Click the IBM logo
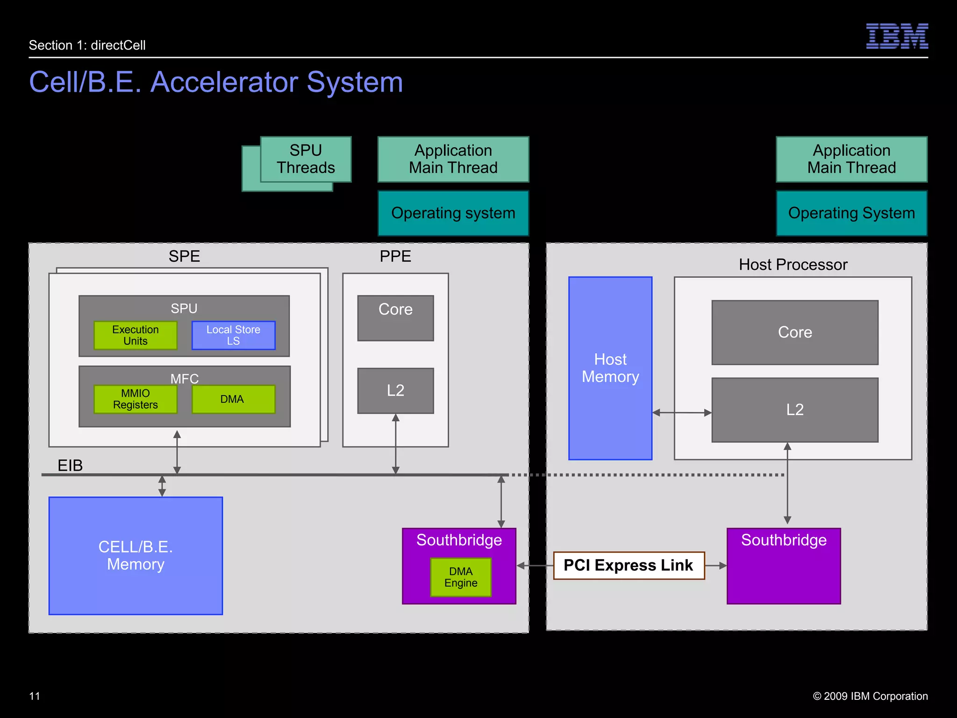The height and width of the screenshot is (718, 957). (897, 36)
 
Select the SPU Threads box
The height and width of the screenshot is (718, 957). (306, 159)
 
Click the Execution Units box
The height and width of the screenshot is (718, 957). (136, 335)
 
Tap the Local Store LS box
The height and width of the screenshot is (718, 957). (233, 335)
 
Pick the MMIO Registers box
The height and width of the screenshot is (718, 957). (136, 399)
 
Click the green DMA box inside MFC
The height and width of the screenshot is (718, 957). (233, 399)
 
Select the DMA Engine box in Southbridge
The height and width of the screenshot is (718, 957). (461, 577)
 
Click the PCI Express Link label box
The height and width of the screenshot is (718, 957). (628, 565)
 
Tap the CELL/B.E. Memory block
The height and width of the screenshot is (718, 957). (136, 555)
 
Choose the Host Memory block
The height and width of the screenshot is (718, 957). (610, 368)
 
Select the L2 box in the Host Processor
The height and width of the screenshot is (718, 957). (794, 409)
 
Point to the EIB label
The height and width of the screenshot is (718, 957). (70, 465)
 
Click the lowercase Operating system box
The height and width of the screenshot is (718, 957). (453, 213)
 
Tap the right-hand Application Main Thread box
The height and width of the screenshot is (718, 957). (851, 159)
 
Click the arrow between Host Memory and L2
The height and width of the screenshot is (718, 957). (682, 412)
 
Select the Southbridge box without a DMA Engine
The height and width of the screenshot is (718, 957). (784, 566)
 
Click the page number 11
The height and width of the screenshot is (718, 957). (35, 696)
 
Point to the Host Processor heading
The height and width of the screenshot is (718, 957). (793, 265)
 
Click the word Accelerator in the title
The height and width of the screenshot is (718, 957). (224, 82)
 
